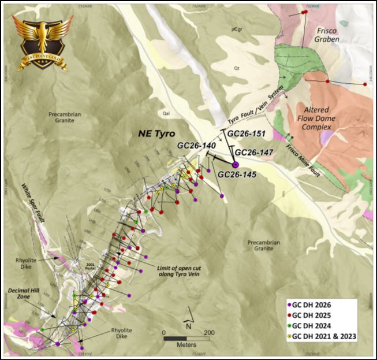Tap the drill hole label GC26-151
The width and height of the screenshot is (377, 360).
click(x=247, y=133)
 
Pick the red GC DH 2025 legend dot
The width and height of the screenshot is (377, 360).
click(x=289, y=316)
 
